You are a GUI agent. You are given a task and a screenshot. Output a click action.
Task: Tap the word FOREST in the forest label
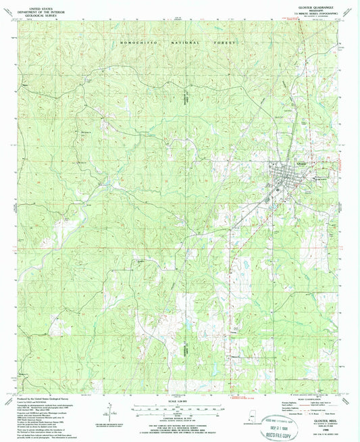[x=221, y=42]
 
